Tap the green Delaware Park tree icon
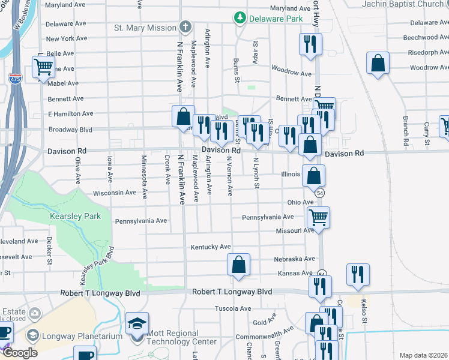(x=241, y=17)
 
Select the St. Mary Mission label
(x=145, y=28)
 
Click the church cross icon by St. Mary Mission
(x=185, y=27)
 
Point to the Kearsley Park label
(x=76, y=215)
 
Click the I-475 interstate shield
(x=16, y=79)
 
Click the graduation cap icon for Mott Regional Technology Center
(x=137, y=324)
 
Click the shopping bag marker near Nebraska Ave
(x=238, y=265)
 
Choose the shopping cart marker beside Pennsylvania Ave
(x=318, y=217)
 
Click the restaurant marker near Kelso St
(x=358, y=274)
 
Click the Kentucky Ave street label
(x=211, y=247)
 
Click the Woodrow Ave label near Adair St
(x=291, y=74)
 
